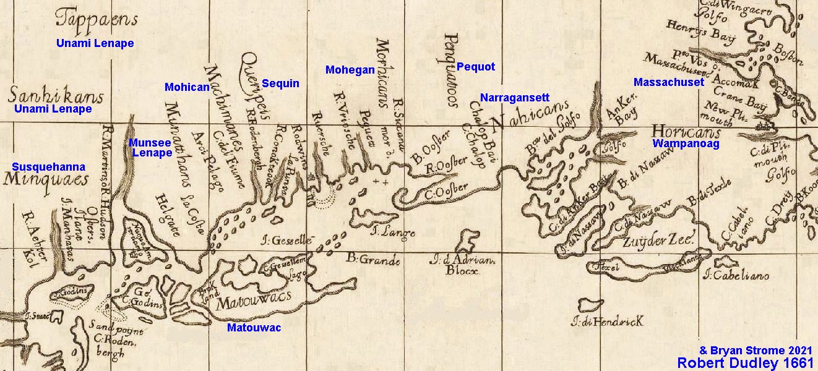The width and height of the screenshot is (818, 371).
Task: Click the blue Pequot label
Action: tap(476, 67)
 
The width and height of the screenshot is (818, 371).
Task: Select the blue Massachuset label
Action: tap(669, 82)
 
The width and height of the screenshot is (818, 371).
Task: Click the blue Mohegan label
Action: tap(350, 70)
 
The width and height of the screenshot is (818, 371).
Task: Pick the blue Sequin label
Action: tap(280, 83)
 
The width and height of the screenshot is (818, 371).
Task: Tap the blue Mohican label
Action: tap(187, 87)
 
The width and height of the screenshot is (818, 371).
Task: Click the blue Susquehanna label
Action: tap(48, 167)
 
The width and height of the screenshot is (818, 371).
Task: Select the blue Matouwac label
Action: tap(254, 328)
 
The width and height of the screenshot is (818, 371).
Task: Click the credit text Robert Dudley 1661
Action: tap(746, 362)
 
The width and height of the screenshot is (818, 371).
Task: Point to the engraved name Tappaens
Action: tap(96, 19)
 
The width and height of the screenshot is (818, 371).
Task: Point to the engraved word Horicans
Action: tap(687, 132)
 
